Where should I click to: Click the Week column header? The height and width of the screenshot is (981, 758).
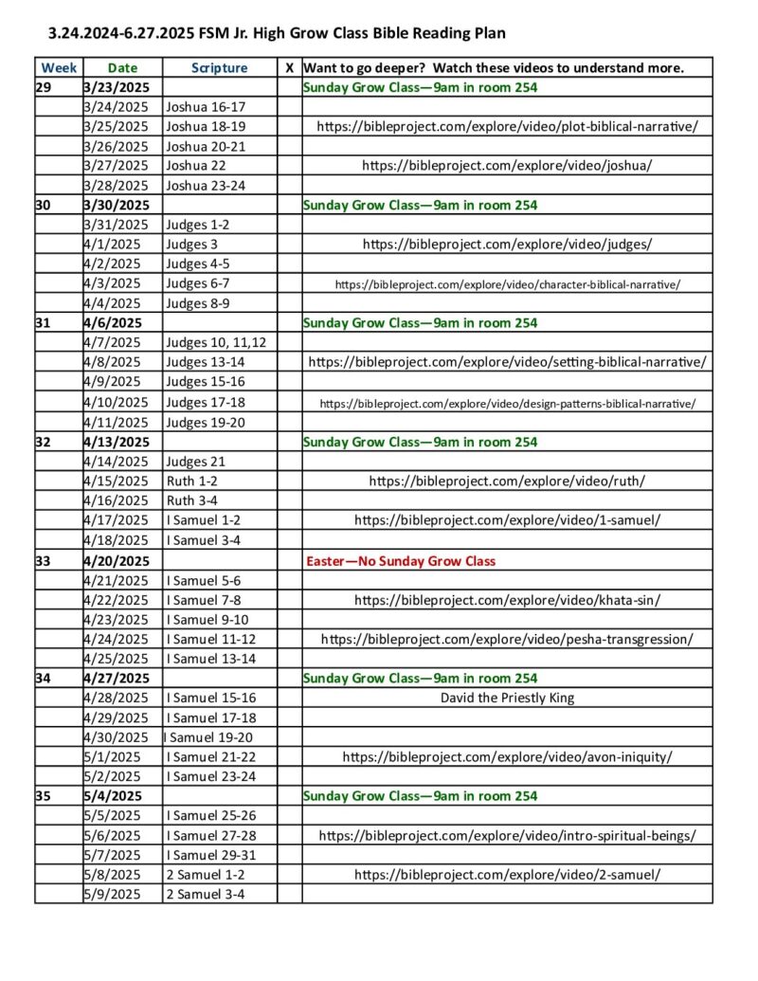pyautogui.click(x=59, y=67)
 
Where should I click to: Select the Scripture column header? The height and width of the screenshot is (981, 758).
pyautogui.click(x=219, y=67)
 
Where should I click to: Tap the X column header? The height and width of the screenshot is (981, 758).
pyautogui.click(x=290, y=67)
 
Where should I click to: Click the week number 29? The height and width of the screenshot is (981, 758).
pyautogui.click(x=44, y=87)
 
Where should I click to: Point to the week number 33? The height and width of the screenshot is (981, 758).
pyautogui.click(x=44, y=561)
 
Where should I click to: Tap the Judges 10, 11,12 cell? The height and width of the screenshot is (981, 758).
pyautogui.click(x=216, y=342)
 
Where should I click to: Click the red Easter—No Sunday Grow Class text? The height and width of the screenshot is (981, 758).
pyautogui.click(x=401, y=561)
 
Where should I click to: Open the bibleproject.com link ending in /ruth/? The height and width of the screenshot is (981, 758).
pyautogui.click(x=507, y=481)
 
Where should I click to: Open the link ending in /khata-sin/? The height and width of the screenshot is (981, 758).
pyautogui.click(x=507, y=599)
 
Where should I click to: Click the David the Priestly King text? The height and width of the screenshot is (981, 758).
pyautogui.click(x=507, y=698)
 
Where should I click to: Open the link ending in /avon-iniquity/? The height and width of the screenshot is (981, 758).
pyautogui.click(x=507, y=756)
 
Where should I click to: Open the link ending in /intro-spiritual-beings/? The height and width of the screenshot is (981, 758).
pyautogui.click(x=507, y=835)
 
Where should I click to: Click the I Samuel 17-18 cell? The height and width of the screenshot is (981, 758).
pyautogui.click(x=211, y=718)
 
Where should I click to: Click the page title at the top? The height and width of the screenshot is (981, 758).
pyautogui.click(x=277, y=33)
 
